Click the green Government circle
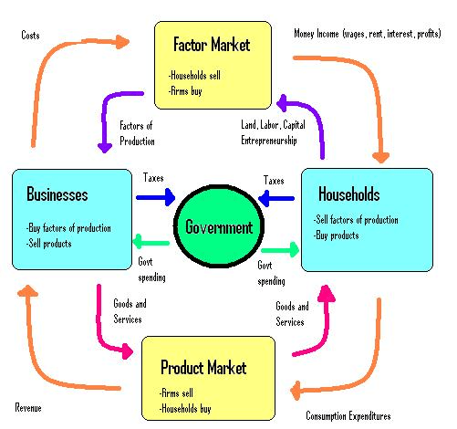pos(219,226)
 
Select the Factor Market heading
pos(212,45)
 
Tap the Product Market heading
pos(203,367)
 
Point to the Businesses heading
pos(57,194)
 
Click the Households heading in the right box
pos(349,194)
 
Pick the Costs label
pos(30,35)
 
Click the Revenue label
pos(28,407)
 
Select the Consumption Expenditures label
pos(348,415)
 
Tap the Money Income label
pos(317,33)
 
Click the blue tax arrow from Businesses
pos(156,197)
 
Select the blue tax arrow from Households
pos(276,198)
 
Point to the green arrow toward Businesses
pos(151,243)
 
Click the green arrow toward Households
pos(280,250)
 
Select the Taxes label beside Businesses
pos(153,177)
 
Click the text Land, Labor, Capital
pos(273,125)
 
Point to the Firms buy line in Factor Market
pos(185,90)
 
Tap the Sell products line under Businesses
pos(48,244)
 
